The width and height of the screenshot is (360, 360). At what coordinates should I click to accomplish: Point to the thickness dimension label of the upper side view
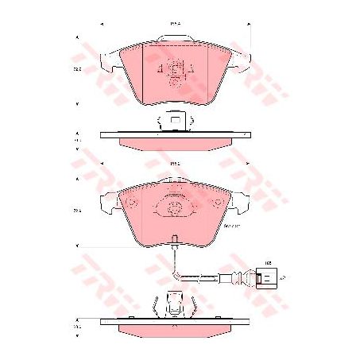78,141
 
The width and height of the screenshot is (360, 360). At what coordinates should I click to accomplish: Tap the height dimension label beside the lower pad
78,211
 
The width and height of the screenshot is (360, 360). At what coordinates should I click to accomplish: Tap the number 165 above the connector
268,261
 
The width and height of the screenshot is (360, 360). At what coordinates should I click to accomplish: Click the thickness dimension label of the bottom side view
78,326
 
